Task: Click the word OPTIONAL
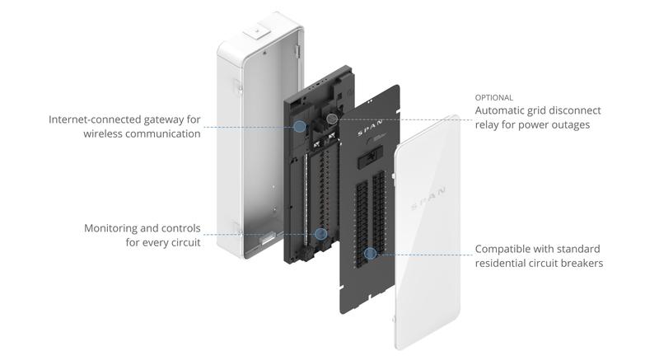tap(493, 97)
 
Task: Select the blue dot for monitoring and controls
tap(320, 234)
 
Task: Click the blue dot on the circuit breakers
tap(371, 254)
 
